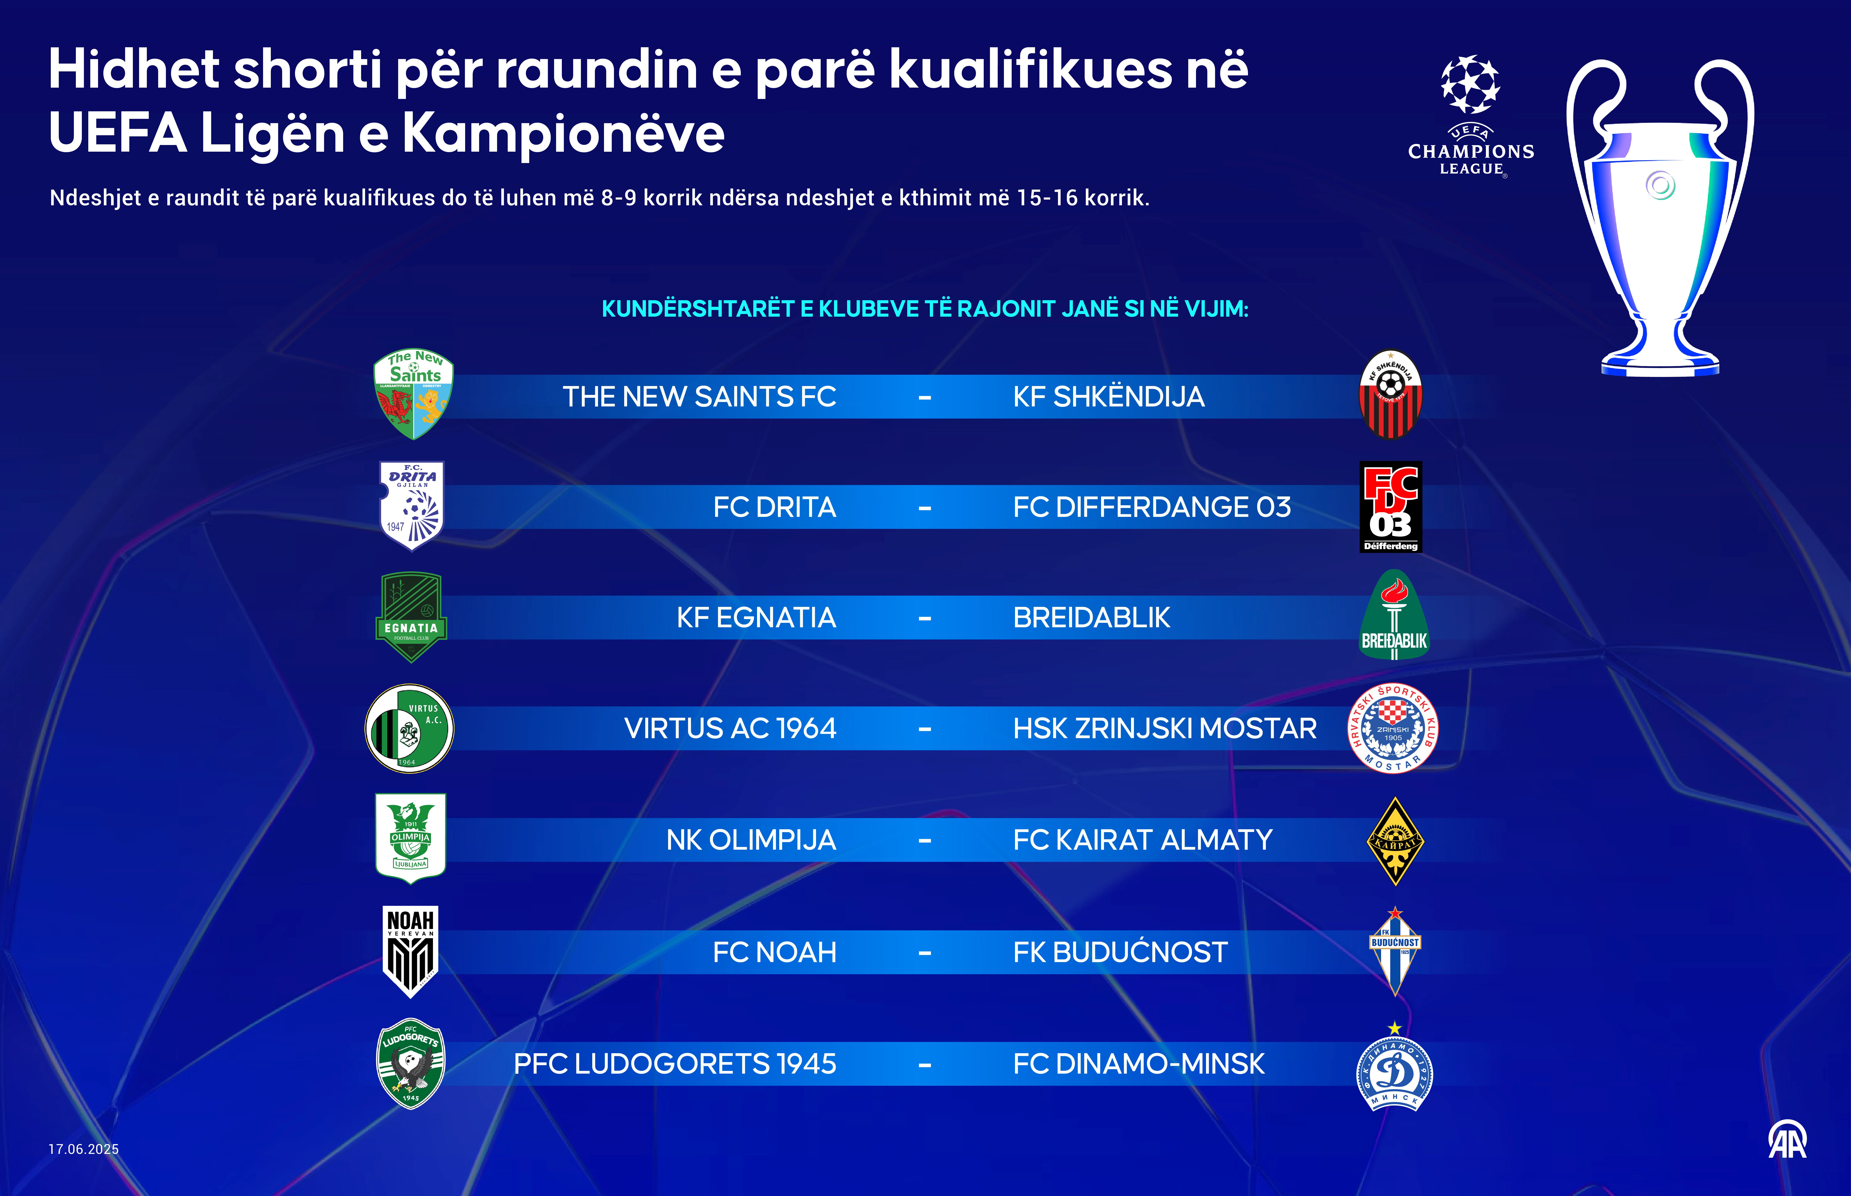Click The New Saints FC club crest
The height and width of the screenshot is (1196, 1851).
click(x=413, y=394)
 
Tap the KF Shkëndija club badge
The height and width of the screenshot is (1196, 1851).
click(x=1390, y=394)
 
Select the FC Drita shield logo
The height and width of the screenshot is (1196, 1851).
click(x=412, y=506)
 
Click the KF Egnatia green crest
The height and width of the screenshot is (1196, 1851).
click(x=411, y=618)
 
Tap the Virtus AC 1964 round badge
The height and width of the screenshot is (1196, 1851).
click(x=409, y=728)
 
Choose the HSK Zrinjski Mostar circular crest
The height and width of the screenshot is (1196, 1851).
click(x=1393, y=728)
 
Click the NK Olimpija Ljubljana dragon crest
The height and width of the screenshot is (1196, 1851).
click(x=410, y=839)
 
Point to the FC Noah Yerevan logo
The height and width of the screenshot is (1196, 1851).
click(x=411, y=951)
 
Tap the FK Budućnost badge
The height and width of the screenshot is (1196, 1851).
click(x=1395, y=951)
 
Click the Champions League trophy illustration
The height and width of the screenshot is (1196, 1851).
click(x=1660, y=218)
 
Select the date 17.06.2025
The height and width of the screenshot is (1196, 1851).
click(x=84, y=1149)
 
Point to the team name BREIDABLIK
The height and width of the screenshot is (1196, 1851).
click(x=1091, y=618)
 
